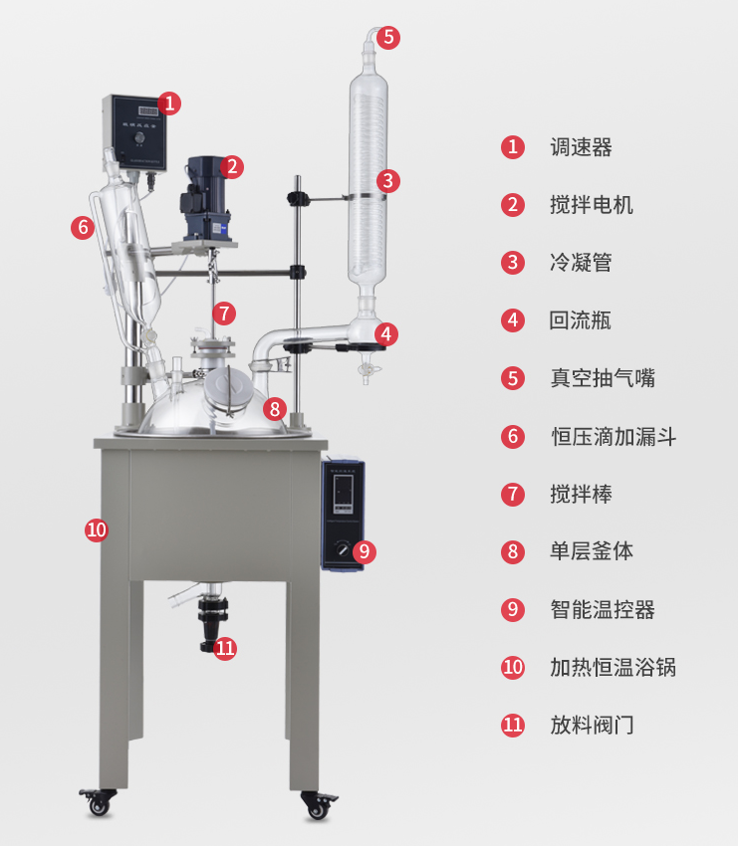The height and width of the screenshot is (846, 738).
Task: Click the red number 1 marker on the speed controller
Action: pos(169,104)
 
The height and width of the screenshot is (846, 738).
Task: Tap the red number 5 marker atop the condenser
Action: pos(388,38)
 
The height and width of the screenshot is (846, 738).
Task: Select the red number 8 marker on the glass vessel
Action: pos(275,409)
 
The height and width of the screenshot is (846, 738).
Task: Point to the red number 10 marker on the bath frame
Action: pos(97,529)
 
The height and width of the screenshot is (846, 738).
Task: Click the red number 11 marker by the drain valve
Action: pos(225,648)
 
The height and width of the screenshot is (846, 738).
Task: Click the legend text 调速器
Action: pos(581,147)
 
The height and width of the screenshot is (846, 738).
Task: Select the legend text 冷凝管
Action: pos(581,263)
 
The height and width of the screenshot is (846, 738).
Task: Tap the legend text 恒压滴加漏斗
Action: pos(614,437)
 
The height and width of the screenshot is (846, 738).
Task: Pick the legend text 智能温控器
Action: pos(603,610)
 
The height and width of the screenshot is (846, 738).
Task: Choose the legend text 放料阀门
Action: pos(592,726)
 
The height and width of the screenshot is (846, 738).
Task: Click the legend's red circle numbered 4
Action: pos(513,320)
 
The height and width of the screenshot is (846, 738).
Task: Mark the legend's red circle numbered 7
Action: pos(513,495)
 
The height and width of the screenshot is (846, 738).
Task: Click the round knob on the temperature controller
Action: pos(343,549)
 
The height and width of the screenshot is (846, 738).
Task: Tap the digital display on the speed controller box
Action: pos(148,111)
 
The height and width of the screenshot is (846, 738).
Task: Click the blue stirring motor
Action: pos(207,198)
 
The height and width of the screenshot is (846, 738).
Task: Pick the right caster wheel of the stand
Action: pos(318,805)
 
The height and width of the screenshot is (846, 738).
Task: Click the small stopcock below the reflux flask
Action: pos(368,370)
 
